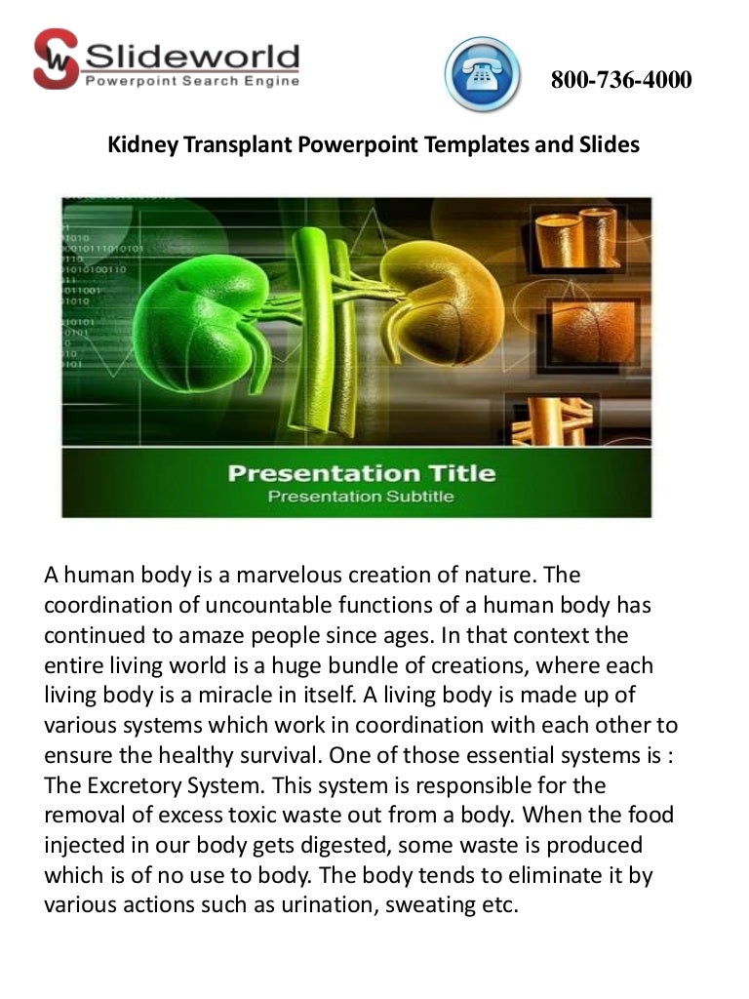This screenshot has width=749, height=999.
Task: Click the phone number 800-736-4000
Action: [621, 80]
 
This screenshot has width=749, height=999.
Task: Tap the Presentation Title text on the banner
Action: [361, 475]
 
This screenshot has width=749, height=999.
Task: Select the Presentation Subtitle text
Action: [361, 498]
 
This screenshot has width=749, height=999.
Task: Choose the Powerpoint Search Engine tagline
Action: [192, 81]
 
